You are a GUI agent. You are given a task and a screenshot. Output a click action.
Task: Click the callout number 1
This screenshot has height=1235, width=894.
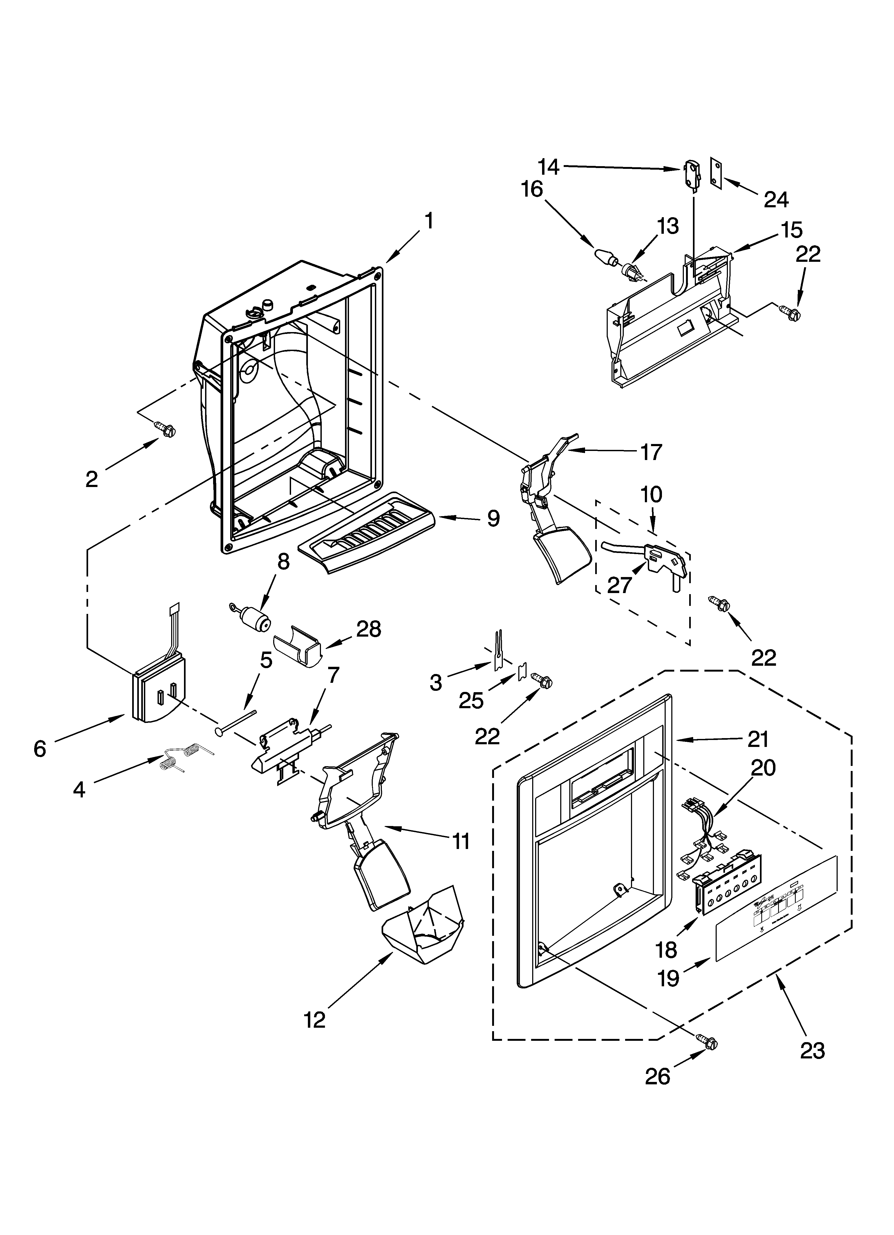click(430, 221)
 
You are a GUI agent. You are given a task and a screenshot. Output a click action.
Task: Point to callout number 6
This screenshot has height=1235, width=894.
click(40, 749)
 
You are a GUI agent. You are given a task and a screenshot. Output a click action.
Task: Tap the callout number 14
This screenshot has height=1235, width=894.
click(549, 167)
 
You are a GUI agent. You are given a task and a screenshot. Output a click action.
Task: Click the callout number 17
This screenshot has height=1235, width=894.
click(651, 452)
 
